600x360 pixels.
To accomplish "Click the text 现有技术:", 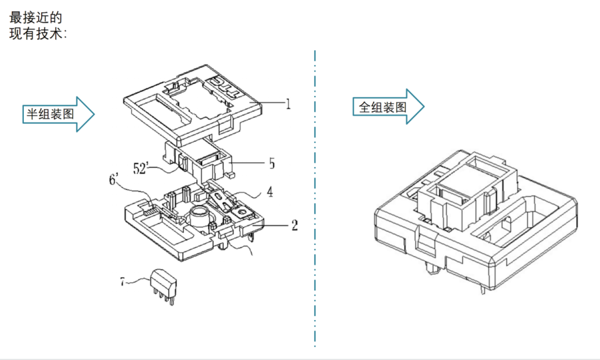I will click(x=38, y=33).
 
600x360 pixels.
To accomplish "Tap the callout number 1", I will click(x=288, y=104).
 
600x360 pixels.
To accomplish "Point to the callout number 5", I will click(x=272, y=163).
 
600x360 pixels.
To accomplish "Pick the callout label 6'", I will click(x=114, y=179).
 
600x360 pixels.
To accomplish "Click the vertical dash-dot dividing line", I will click(x=314, y=194).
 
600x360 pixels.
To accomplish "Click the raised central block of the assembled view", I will click(x=467, y=194).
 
